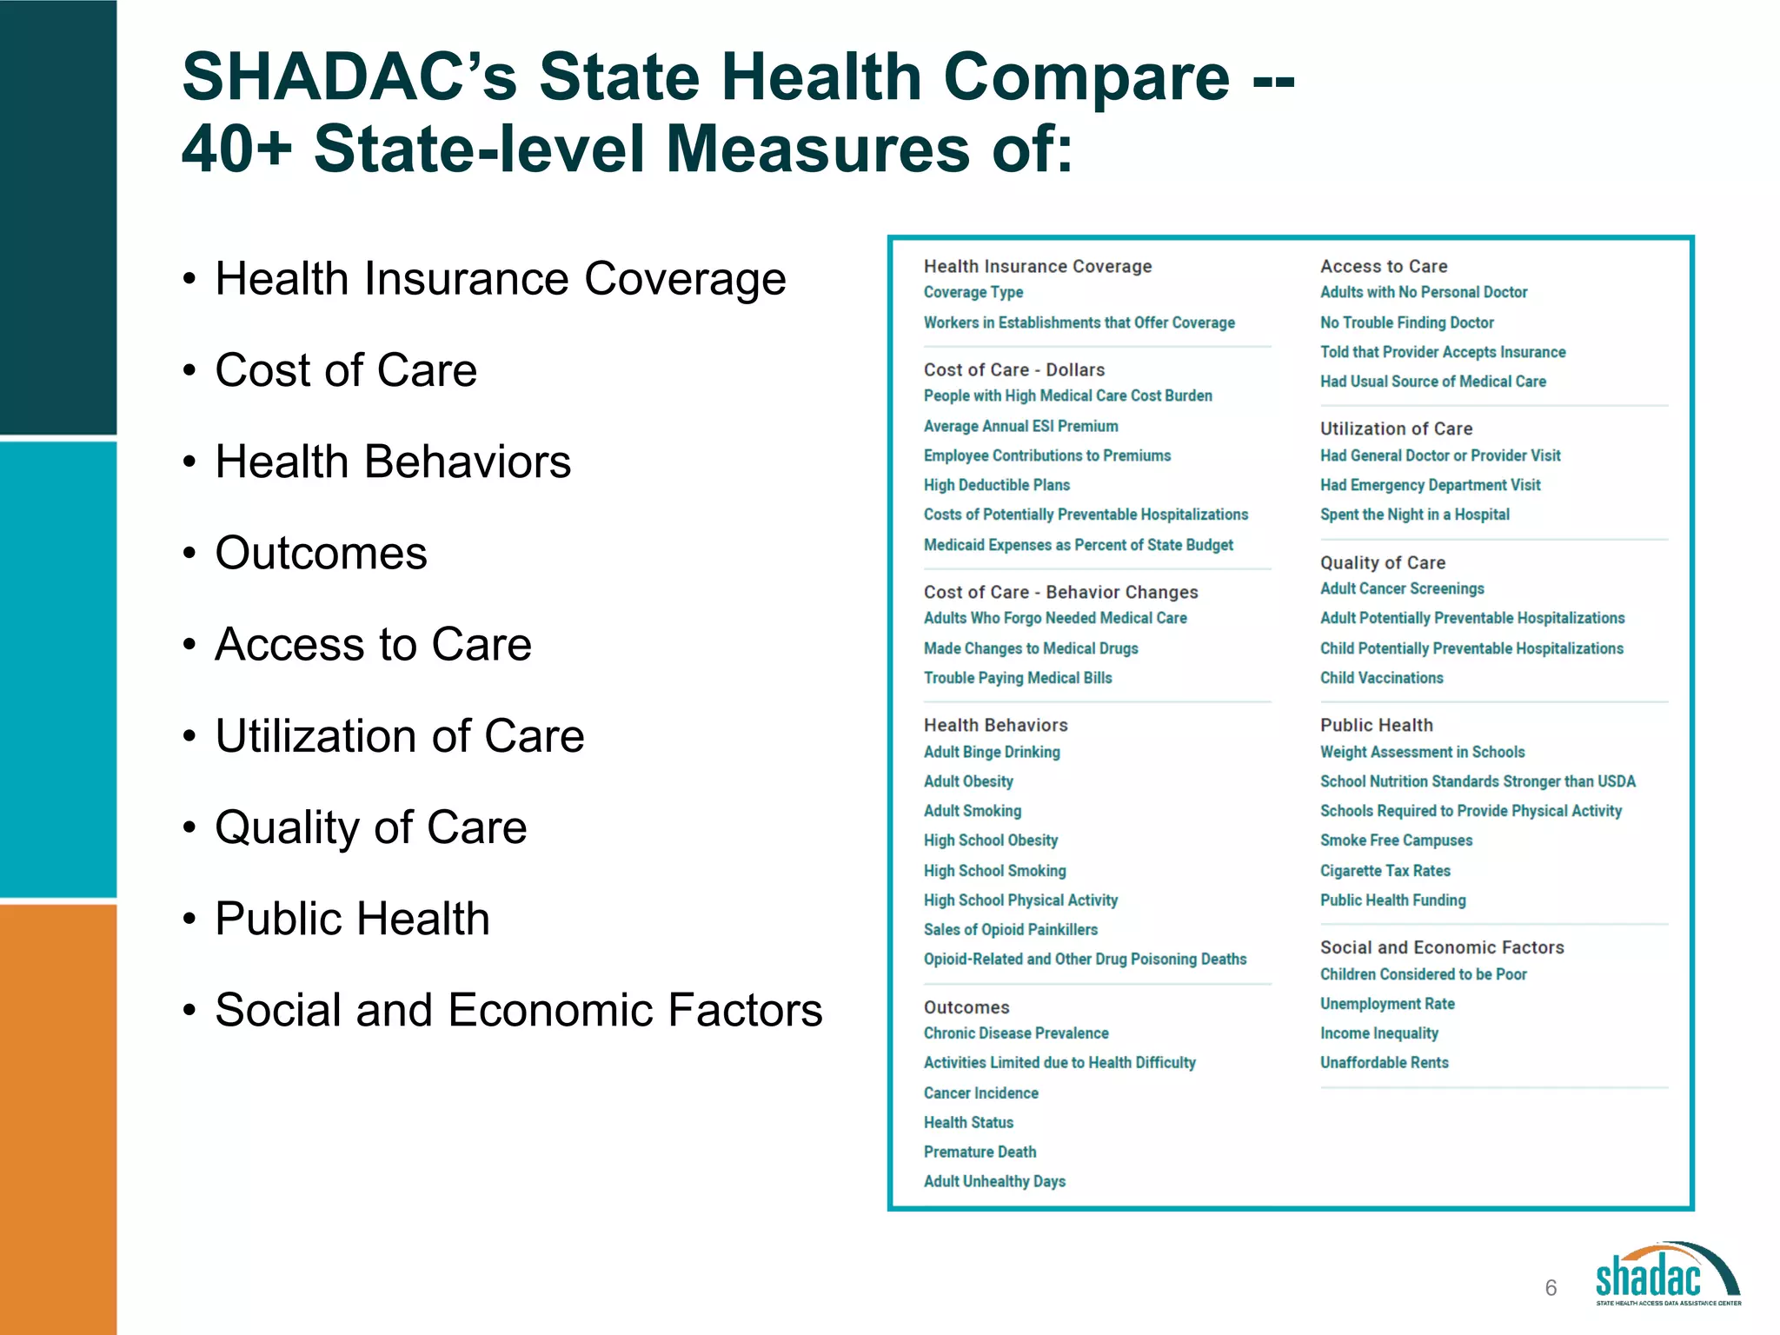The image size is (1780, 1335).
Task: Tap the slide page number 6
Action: click(1551, 1288)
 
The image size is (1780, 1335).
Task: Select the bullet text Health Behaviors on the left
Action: click(393, 462)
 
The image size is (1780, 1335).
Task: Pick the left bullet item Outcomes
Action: click(321, 553)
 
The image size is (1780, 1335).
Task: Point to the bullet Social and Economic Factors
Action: click(518, 1010)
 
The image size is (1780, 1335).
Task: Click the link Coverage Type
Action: click(973, 293)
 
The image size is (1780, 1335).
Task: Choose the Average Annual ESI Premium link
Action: click(1020, 426)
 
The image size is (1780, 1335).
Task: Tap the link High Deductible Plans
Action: click(996, 485)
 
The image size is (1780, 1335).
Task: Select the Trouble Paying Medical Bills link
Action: click(1017, 678)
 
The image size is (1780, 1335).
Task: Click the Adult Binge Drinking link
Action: click(991, 752)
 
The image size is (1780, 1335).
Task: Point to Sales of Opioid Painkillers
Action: click(1010, 930)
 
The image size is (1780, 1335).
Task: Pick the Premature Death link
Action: click(980, 1152)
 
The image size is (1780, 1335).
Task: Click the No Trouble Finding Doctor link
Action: click(1406, 322)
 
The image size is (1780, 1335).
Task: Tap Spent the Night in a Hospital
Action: click(1414, 515)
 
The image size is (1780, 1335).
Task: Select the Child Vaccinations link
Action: click(1381, 678)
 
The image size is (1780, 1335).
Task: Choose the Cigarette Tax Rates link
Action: click(1385, 871)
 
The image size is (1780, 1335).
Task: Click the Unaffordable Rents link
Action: click(1384, 1063)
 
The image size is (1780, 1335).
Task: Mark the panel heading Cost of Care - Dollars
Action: click(1013, 370)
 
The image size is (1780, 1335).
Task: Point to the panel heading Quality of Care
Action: click(1382, 563)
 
